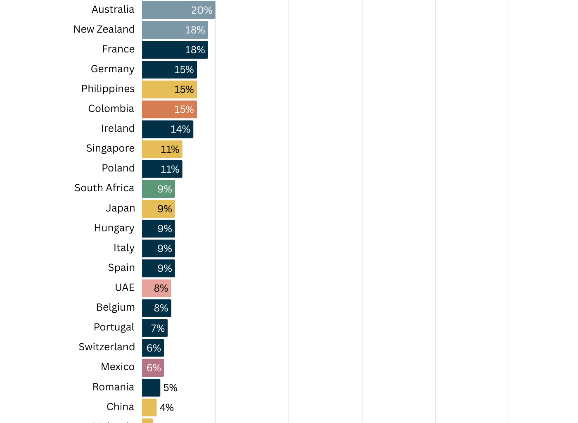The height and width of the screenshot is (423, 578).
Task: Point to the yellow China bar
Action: (x=149, y=407)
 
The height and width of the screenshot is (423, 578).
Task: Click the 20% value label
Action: (x=201, y=10)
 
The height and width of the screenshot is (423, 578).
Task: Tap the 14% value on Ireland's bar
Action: (x=180, y=129)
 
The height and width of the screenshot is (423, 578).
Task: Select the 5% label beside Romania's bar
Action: (x=170, y=388)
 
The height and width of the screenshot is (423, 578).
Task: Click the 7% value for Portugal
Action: (x=158, y=328)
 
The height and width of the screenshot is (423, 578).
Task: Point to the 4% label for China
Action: (x=167, y=408)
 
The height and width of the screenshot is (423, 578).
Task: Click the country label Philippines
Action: (x=108, y=89)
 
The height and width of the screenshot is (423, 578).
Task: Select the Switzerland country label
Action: (x=107, y=347)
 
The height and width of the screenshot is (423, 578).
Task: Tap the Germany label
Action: (x=112, y=69)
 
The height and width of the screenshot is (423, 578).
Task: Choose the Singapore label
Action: (x=110, y=148)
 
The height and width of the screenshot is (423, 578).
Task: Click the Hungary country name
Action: (x=114, y=228)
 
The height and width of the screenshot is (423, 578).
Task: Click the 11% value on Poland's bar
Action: (x=170, y=169)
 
